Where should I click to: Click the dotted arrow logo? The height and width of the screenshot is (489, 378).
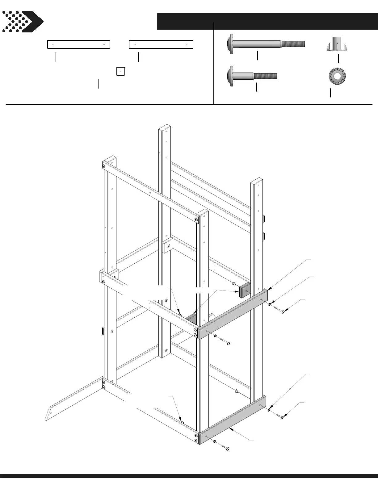coord(22,22)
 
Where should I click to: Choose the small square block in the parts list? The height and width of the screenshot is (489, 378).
coord(120,71)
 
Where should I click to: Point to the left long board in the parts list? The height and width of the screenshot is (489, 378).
coord(78,44)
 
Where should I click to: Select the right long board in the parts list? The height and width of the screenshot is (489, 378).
coord(161,44)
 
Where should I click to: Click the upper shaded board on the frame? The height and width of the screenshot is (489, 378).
coord(232,314)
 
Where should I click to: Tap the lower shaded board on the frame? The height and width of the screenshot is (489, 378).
coord(232,419)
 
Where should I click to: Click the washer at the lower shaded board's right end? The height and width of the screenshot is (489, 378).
coord(269,410)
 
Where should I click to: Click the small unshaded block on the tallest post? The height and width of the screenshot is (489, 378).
coord(167,246)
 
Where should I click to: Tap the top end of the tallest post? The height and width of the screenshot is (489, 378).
coord(165,128)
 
